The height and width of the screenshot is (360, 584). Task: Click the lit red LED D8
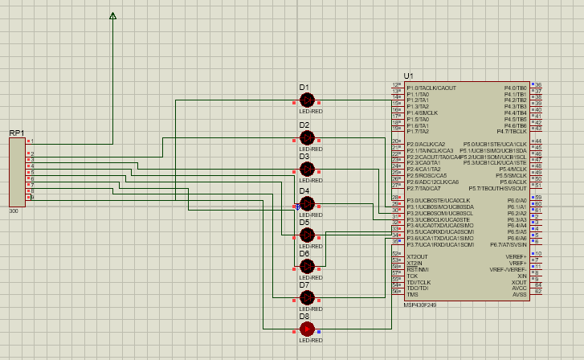pos(306,328)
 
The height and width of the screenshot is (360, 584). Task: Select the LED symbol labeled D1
pos(306,100)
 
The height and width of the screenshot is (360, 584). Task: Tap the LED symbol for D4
pos(306,203)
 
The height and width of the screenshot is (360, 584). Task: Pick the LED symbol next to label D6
pos(306,265)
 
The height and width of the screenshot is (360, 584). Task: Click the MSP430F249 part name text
pos(420,304)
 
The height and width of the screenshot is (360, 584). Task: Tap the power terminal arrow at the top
pos(112,16)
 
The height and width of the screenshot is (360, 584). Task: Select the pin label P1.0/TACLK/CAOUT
pos(431,88)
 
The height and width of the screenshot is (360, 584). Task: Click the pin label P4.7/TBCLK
pos(512,131)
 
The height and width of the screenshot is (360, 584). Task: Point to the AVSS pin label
pos(519,295)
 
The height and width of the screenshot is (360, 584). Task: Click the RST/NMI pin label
pos(418,269)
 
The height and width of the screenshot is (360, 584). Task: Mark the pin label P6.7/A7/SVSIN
pos(508,244)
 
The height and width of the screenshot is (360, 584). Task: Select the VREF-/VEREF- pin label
pos(508,269)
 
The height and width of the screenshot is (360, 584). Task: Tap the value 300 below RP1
pos(14,211)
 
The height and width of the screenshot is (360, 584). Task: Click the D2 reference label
pos(304,125)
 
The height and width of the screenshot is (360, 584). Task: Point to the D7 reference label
pos(304,284)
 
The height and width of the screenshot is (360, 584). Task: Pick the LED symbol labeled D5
pos(306,234)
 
